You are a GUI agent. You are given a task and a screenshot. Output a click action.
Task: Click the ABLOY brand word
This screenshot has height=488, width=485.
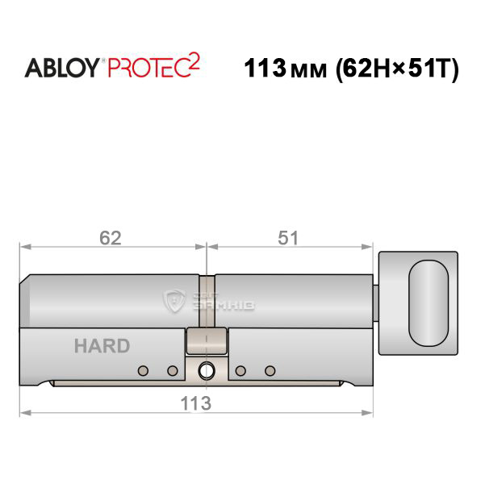pyautogui.click(x=61, y=68)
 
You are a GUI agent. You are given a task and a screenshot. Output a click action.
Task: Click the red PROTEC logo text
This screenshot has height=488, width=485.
pyautogui.click(x=148, y=68)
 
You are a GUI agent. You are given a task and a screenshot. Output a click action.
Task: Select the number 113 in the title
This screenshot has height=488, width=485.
pyautogui.click(x=265, y=68)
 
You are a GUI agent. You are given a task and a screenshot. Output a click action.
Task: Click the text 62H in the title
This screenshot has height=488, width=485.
pyautogui.click(x=366, y=68)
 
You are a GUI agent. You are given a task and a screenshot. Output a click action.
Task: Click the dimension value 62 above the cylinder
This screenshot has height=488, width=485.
pyautogui.click(x=111, y=238)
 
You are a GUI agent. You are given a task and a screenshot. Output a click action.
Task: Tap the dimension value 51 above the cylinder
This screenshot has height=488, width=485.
pyautogui.click(x=288, y=238)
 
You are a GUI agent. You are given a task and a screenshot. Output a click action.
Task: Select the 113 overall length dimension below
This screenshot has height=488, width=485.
pyautogui.click(x=196, y=403)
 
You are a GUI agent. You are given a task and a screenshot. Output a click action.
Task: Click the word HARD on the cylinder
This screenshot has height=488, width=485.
pyautogui.click(x=102, y=346)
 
